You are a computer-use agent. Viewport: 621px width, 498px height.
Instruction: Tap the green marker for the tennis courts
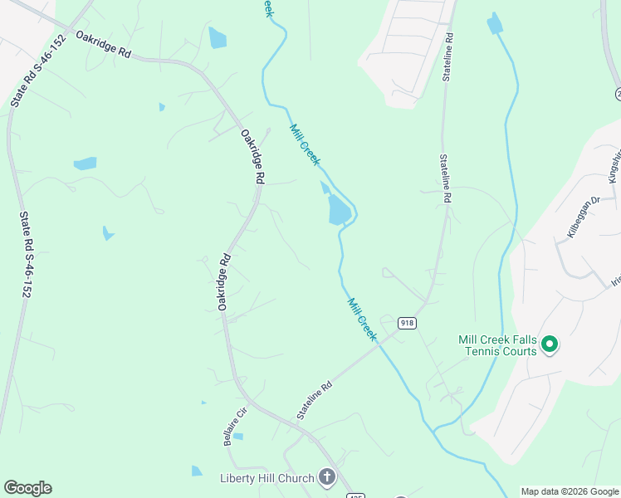click(x=549, y=343)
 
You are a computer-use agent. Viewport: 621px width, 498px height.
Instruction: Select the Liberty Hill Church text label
click(x=267, y=477)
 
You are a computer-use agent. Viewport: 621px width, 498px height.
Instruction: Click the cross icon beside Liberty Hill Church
click(x=326, y=476)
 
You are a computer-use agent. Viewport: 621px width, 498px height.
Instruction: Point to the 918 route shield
click(x=406, y=323)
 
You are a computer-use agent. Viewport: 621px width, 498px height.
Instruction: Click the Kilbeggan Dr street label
click(x=583, y=217)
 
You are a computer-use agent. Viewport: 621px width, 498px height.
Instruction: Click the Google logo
click(x=27, y=488)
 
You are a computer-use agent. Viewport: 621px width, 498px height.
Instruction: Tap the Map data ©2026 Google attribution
click(x=570, y=491)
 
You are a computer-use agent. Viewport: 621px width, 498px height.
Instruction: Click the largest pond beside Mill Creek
click(x=339, y=209)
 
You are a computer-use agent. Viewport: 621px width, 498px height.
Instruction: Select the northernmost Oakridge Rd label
click(x=104, y=44)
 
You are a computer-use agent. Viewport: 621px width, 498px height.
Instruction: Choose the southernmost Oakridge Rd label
click(x=224, y=282)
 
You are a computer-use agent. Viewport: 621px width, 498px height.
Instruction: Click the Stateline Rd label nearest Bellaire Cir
click(x=315, y=399)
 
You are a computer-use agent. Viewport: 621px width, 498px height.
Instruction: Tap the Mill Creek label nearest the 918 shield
click(x=362, y=320)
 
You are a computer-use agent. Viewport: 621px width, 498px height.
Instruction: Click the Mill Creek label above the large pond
click(x=304, y=144)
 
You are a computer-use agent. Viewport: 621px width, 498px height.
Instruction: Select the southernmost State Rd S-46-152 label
click(x=26, y=254)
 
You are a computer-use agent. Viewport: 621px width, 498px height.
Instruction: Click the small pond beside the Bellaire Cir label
click(x=238, y=436)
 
